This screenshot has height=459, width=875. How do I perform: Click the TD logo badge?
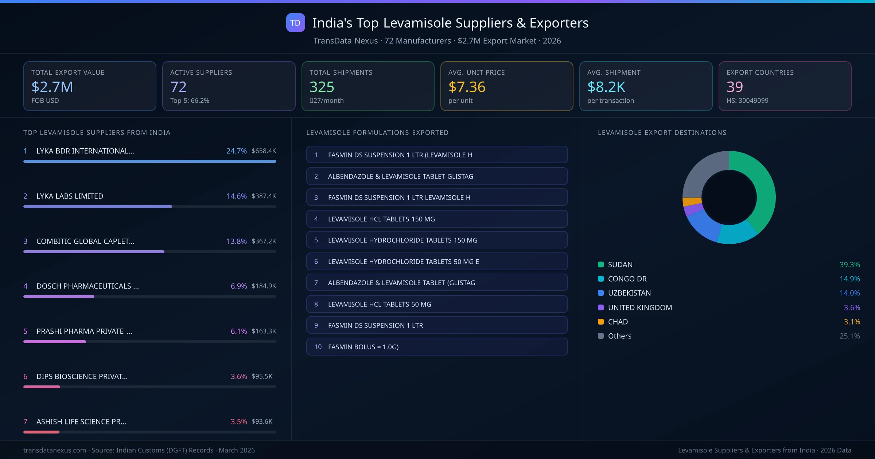click(295, 23)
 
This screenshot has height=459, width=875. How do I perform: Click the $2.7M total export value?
click(52, 87)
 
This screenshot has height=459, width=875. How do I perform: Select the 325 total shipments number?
click(322, 87)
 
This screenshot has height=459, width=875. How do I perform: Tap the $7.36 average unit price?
click(467, 87)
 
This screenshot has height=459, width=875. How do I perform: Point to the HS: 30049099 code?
click(747, 101)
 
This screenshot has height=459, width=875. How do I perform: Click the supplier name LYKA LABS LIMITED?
click(70, 196)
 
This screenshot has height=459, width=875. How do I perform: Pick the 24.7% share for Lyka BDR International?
click(236, 151)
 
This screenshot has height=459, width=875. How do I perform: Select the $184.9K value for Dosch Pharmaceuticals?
click(264, 286)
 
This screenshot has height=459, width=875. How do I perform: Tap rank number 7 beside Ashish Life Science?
click(26, 421)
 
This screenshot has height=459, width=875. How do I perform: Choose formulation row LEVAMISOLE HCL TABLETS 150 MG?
click(437, 219)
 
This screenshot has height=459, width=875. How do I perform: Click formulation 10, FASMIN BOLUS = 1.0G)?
click(437, 347)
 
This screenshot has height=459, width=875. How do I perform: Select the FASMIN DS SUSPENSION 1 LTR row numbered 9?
click(437, 325)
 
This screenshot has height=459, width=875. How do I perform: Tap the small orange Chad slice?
click(692, 201)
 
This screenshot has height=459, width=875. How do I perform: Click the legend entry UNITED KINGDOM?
click(639, 307)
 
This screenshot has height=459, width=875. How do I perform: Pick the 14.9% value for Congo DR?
click(849, 279)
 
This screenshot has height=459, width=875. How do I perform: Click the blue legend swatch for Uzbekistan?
click(601, 293)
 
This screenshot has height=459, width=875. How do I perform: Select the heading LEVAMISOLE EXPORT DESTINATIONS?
click(662, 133)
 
